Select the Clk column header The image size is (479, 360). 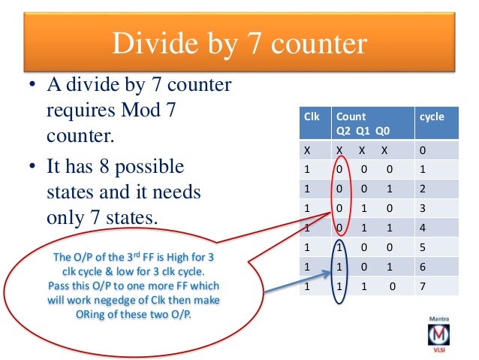[x=311, y=117]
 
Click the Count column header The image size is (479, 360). [x=351, y=117]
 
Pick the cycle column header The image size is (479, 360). [x=432, y=117]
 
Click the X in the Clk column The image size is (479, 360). [x=306, y=150]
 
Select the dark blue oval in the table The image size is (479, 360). [x=341, y=267]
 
